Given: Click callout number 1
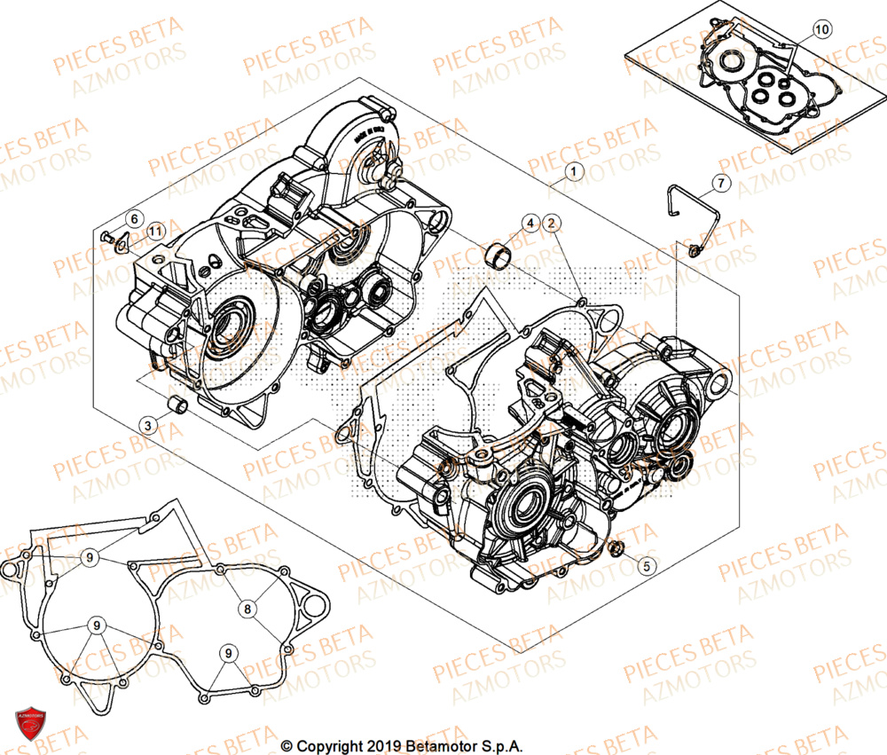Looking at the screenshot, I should [x=574, y=170].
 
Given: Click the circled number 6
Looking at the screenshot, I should [x=133, y=218].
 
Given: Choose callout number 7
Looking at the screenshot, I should [x=719, y=184].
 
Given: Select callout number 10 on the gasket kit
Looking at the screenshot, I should [x=821, y=30].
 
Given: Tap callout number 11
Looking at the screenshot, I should [x=155, y=232].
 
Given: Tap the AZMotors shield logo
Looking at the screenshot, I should [x=31, y=722].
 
